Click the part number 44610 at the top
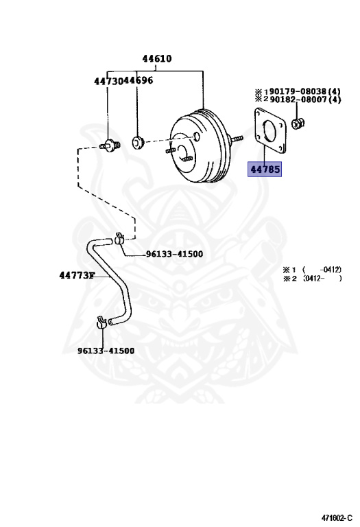[x=157, y=58]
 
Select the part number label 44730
[x=108, y=81]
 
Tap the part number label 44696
[x=138, y=80]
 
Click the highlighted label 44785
[x=265, y=169]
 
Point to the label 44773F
[x=77, y=276]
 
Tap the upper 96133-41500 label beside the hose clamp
[x=174, y=254]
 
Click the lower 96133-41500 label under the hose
[x=106, y=351]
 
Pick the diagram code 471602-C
[x=337, y=517]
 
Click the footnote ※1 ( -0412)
[x=312, y=270]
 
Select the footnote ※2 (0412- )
[x=312, y=279]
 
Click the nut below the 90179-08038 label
[x=297, y=124]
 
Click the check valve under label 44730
[x=110, y=145]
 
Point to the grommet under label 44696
[x=138, y=142]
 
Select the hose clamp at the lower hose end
[x=101, y=323]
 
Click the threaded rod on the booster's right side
[x=236, y=139]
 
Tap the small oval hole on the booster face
[x=197, y=137]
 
